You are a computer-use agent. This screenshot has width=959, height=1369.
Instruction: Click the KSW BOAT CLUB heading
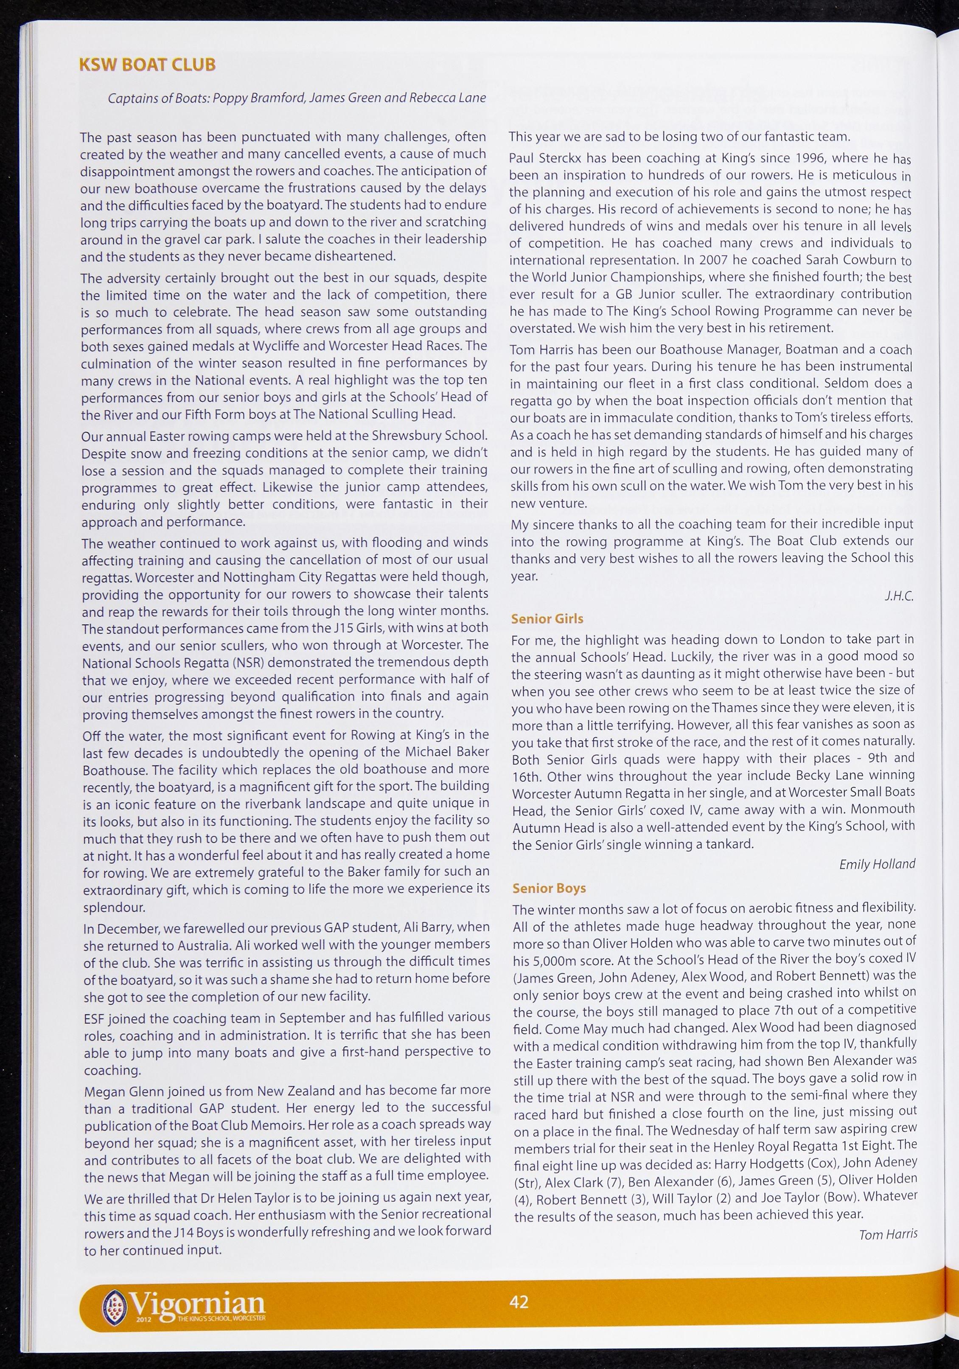(x=147, y=65)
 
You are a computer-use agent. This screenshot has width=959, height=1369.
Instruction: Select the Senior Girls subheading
(x=547, y=619)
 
